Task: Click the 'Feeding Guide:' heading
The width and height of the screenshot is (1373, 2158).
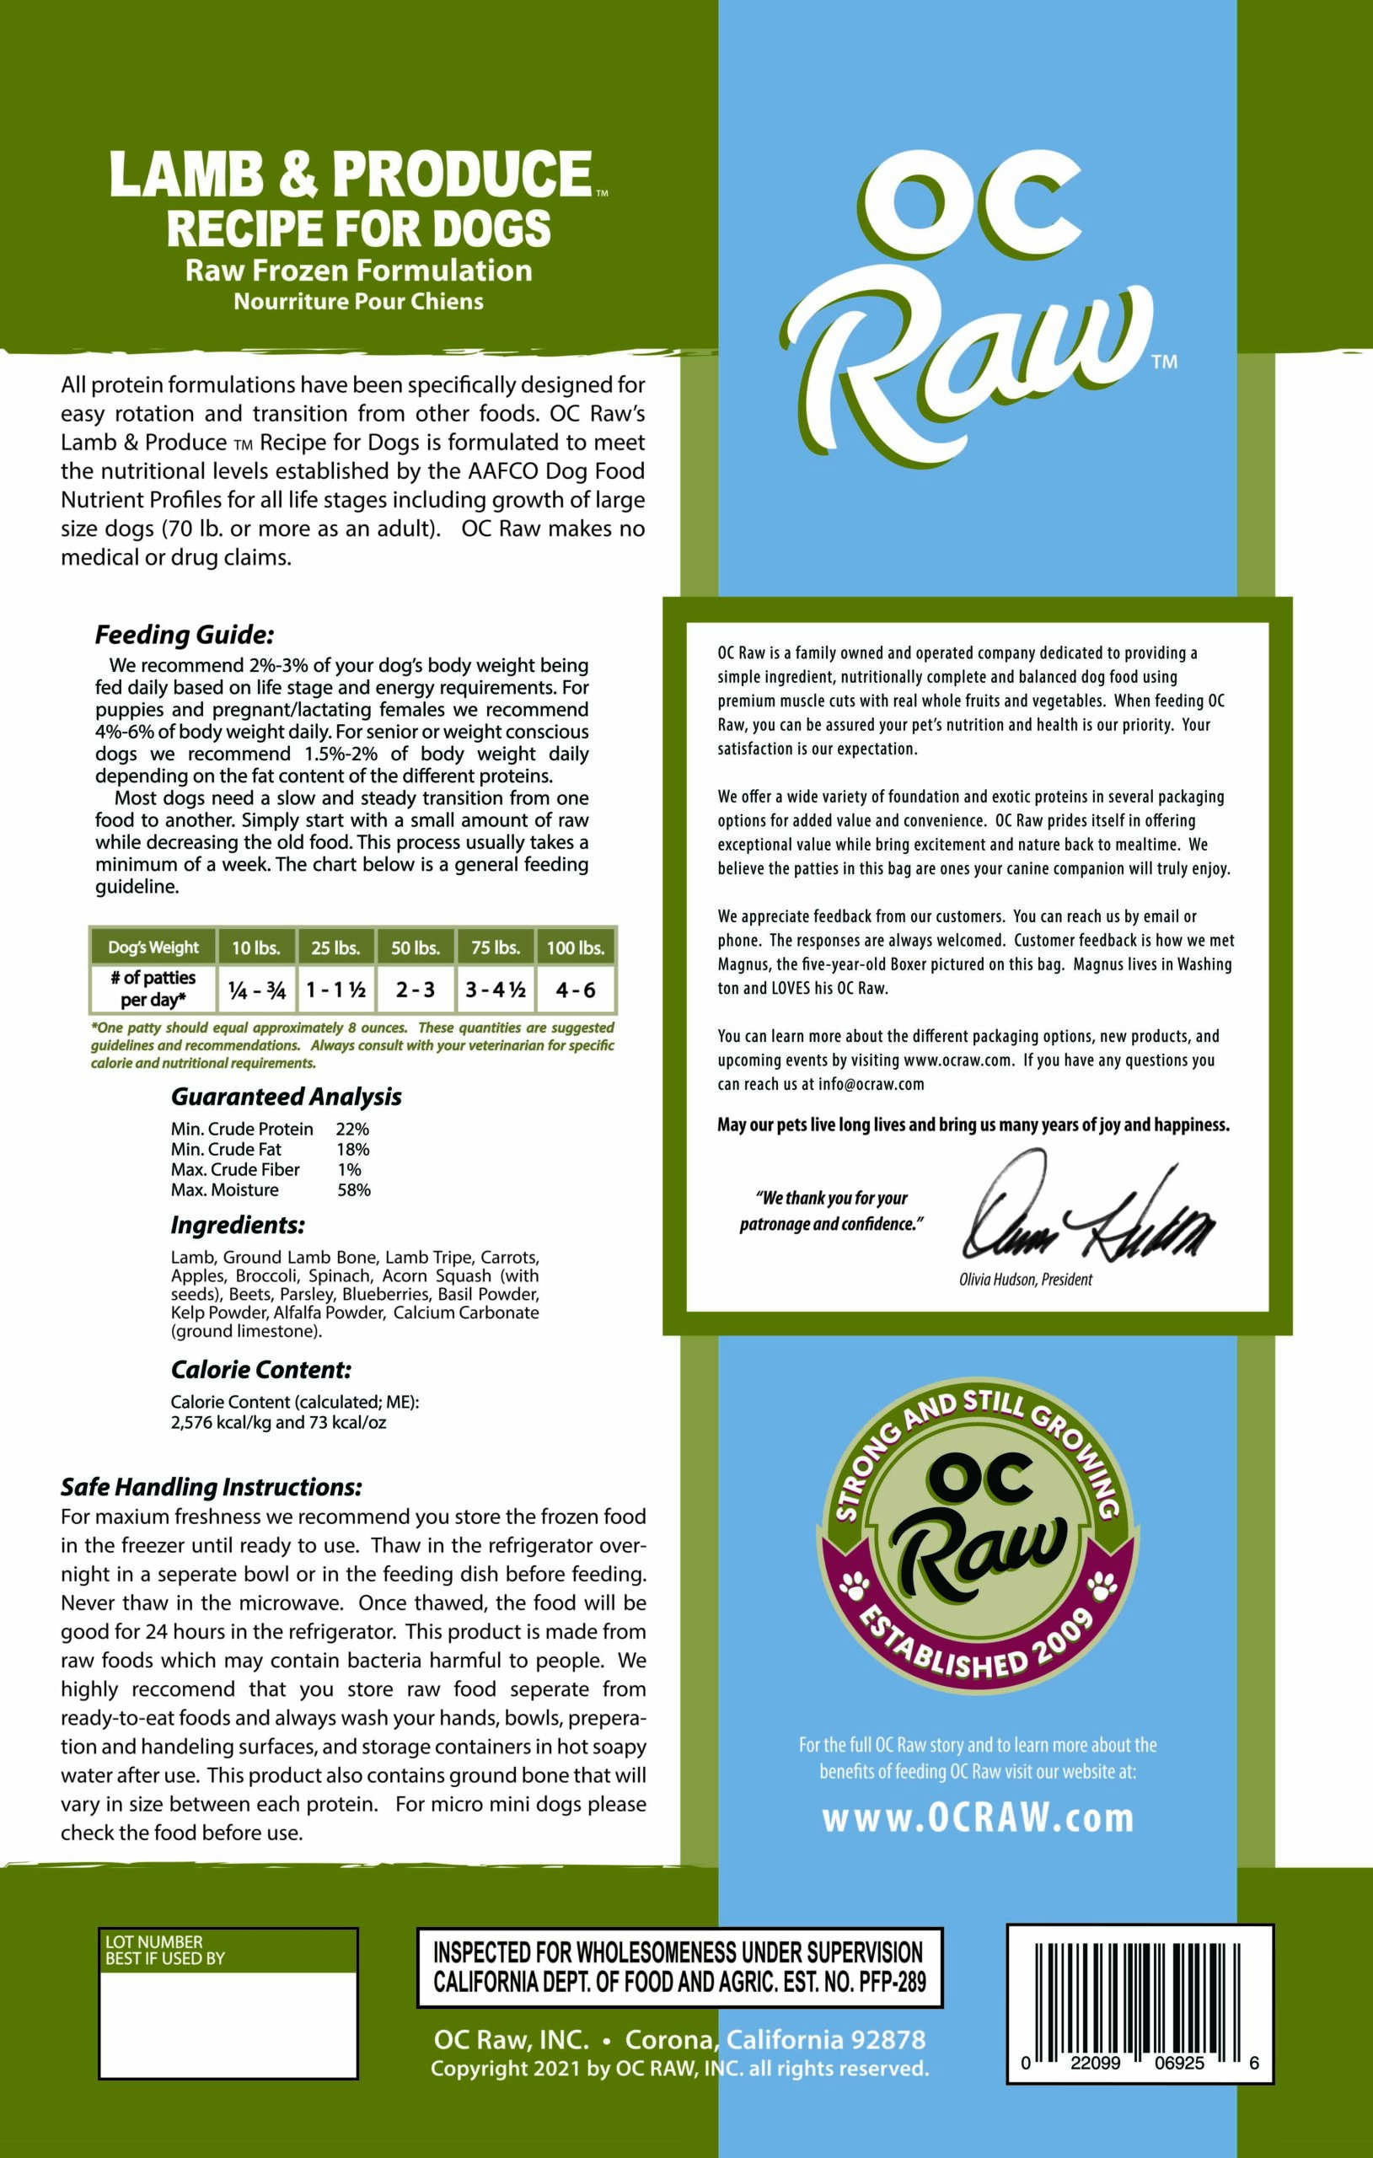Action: point(185,636)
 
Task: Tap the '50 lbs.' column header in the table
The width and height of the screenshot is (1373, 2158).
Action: point(415,947)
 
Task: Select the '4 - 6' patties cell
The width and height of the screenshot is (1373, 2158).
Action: point(576,990)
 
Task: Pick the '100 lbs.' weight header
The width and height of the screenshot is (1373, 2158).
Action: point(576,947)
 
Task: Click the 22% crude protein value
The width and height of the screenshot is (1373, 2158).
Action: point(352,1130)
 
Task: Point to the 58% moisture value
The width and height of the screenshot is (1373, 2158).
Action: point(354,1190)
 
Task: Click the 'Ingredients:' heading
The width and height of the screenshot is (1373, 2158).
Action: point(238,1225)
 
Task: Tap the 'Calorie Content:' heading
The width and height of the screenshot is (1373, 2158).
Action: point(260,1369)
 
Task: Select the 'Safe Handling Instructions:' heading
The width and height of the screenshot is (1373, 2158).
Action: point(212,1488)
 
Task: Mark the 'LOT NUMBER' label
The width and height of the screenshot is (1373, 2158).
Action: point(154,1942)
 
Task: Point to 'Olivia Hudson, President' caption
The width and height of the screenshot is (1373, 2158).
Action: point(1025,1280)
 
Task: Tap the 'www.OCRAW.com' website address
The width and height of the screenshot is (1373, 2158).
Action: point(978,1817)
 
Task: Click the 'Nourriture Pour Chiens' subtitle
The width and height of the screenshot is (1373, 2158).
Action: point(358,301)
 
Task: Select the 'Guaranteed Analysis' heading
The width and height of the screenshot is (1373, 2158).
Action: point(286,1097)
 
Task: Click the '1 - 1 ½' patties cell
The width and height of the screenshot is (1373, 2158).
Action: point(336,990)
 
